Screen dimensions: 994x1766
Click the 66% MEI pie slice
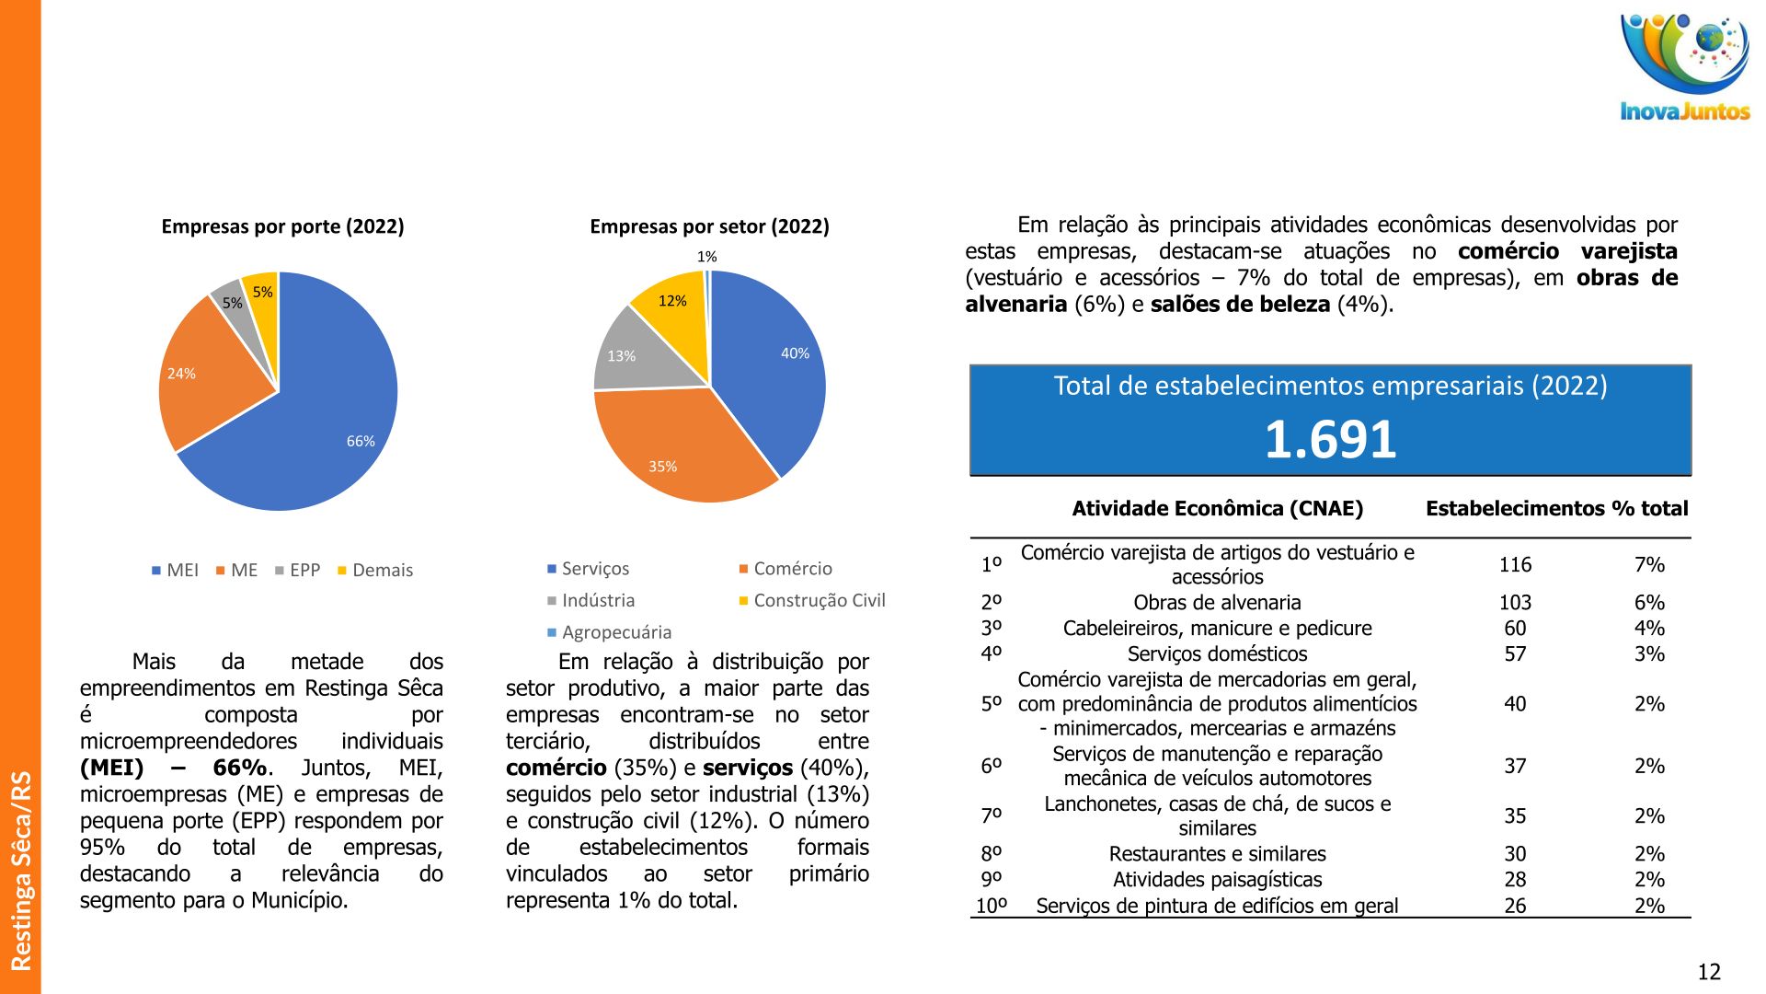point(322,423)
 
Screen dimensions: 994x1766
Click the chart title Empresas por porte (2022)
point(282,226)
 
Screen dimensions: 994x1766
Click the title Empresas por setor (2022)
point(709,226)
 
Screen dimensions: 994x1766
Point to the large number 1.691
point(1330,439)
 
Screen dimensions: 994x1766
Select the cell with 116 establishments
point(1515,564)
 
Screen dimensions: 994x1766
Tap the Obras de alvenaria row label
point(1217,603)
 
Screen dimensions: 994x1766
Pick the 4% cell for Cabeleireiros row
point(1649,629)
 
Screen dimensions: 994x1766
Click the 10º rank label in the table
point(992,906)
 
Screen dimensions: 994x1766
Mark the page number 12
point(1708,972)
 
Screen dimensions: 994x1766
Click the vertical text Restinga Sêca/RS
point(20,870)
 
